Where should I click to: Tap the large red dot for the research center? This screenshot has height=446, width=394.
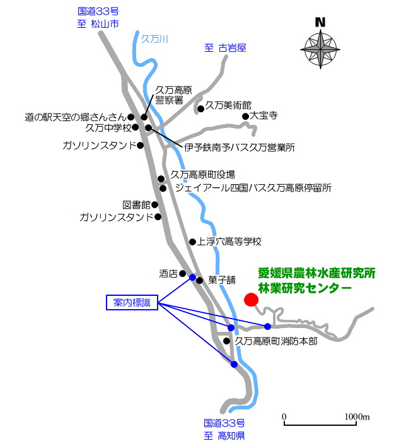tap(251, 299)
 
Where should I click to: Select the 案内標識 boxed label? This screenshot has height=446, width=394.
tap(132, 303)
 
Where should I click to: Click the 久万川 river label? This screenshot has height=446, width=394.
tap(155, 39)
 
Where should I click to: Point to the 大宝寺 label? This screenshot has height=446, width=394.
tap(264, 116)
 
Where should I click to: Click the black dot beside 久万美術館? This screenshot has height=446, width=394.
tap(200, 109)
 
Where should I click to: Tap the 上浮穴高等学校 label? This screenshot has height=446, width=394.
tap(229, 242)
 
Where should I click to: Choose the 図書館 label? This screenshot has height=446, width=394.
tap(136, 205)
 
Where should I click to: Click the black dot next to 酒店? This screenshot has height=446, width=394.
tap(182, 274)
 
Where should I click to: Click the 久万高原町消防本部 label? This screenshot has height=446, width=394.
tap(275, 341)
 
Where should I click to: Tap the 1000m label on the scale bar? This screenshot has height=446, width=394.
tap(356, 417)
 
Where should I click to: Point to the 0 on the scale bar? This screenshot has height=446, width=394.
tap(284, 417)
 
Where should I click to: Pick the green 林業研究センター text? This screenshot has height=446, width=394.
tap(304, 288)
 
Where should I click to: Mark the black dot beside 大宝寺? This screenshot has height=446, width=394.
tap(245, 116)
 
